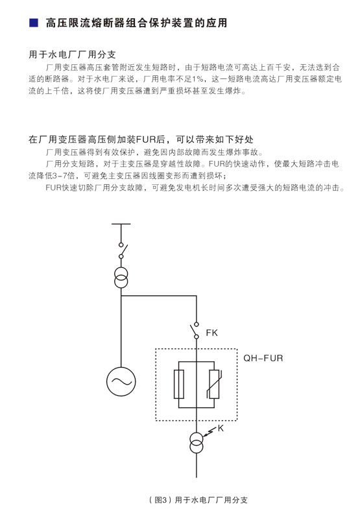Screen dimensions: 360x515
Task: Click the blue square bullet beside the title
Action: (x=34, y=23)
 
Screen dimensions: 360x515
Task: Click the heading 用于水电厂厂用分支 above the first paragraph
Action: (x=72, y=54)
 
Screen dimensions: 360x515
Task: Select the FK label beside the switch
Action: (x=211, y=333)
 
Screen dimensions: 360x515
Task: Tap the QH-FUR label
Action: (x=263, y=358)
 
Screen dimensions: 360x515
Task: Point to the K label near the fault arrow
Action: (x=221, y=428)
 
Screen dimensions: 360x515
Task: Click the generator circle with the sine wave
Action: (x=121, y=381)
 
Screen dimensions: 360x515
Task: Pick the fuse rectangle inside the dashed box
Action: (x=178, y=384)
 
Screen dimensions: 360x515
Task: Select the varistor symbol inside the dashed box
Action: (x=214, y=384)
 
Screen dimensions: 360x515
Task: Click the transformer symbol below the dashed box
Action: (x=197, y=443)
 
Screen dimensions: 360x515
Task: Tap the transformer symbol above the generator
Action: (x=121, y=278)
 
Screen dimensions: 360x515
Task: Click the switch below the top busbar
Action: (x=123, y=250)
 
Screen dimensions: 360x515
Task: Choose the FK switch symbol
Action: (x=195, y=330)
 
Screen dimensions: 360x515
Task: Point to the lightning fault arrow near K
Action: (x=210, y=432)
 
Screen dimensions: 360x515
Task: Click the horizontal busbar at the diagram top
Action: (x=121, y=224)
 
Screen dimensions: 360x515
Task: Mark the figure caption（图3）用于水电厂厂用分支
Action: (x=198, y=500)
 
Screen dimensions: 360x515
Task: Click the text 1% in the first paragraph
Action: (x=198, y=79)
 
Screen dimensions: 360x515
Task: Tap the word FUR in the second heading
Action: (x=146, y=139)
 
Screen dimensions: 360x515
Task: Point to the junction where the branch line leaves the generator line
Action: (x=121, y=296)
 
